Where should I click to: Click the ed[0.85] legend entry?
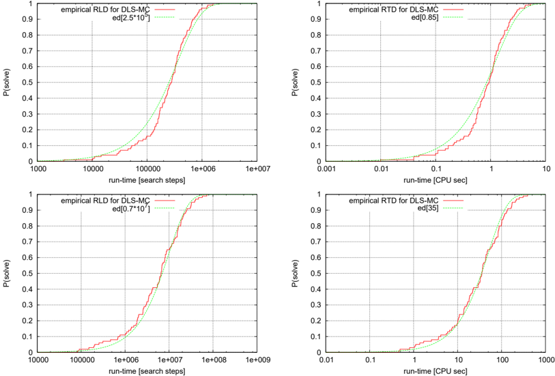[425, 17]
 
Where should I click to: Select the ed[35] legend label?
[428, 208]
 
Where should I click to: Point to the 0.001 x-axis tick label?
[326, 169]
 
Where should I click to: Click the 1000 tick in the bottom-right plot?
[545, 360]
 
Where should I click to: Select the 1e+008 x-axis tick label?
[213, 360]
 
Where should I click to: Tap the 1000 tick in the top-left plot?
[38, 169]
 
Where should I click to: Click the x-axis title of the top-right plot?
[436, 180]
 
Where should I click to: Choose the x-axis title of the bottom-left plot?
[147, 371]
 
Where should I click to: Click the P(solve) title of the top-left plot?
[7, 83]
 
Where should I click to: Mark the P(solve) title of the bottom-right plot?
[295, 274]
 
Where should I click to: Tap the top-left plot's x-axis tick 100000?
[147, 169]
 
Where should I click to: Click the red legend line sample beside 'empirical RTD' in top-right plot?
[453, 10]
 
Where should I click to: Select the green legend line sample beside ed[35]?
[453, 208]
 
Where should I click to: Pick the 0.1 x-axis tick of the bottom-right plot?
[370, 360]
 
